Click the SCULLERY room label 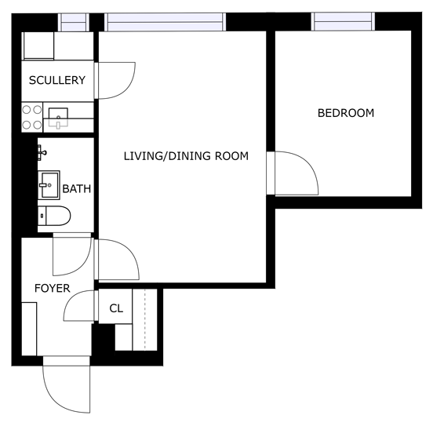click(56, 81)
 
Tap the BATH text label click(76, 188)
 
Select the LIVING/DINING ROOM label click(186, 156)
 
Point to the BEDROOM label click(345, 113)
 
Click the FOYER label click(53, 289)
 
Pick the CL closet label click(116, 308)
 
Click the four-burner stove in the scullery click(32, 118)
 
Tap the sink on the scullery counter click(60, 118)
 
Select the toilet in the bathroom click(56, 216)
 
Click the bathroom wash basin click(48, 186)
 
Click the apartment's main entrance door click(67, 388)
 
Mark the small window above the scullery click(75, 21)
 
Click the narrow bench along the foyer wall click(29, 329)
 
